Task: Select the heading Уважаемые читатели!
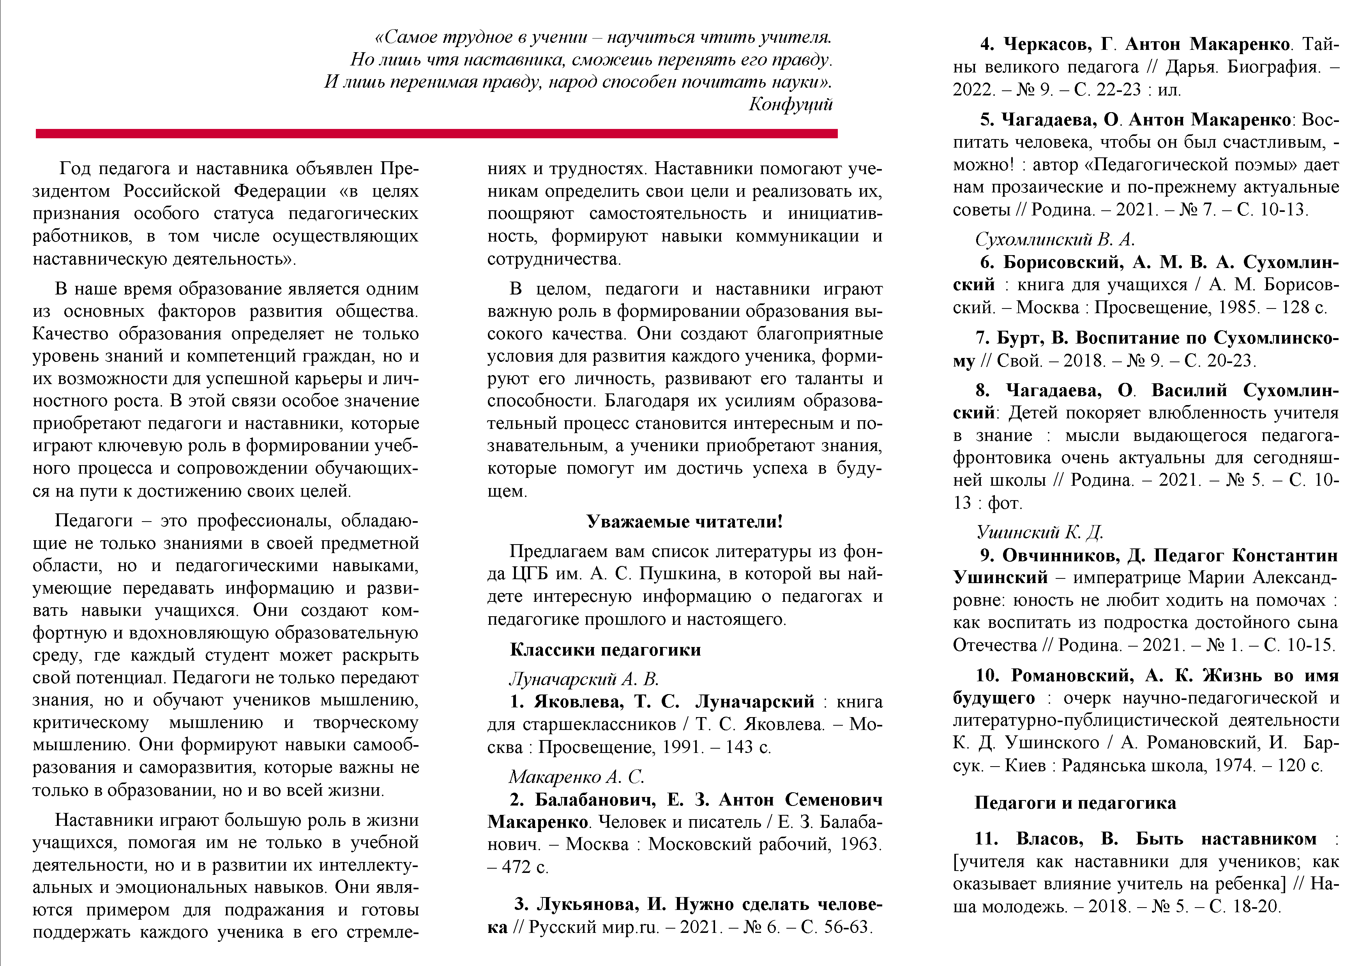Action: [684, 522]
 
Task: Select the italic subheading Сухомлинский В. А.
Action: [1054, 239]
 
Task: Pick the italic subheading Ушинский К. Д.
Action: [1040, 532]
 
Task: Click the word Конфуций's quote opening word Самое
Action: [410, 37]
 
